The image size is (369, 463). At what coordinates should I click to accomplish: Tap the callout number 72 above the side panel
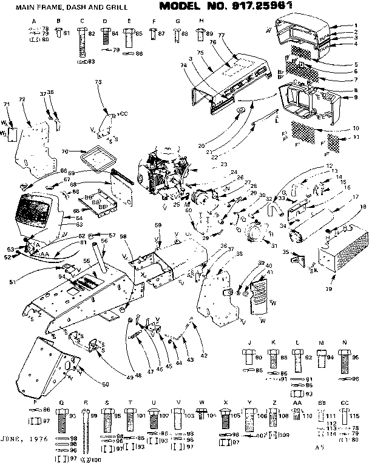(x=21, y=98)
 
